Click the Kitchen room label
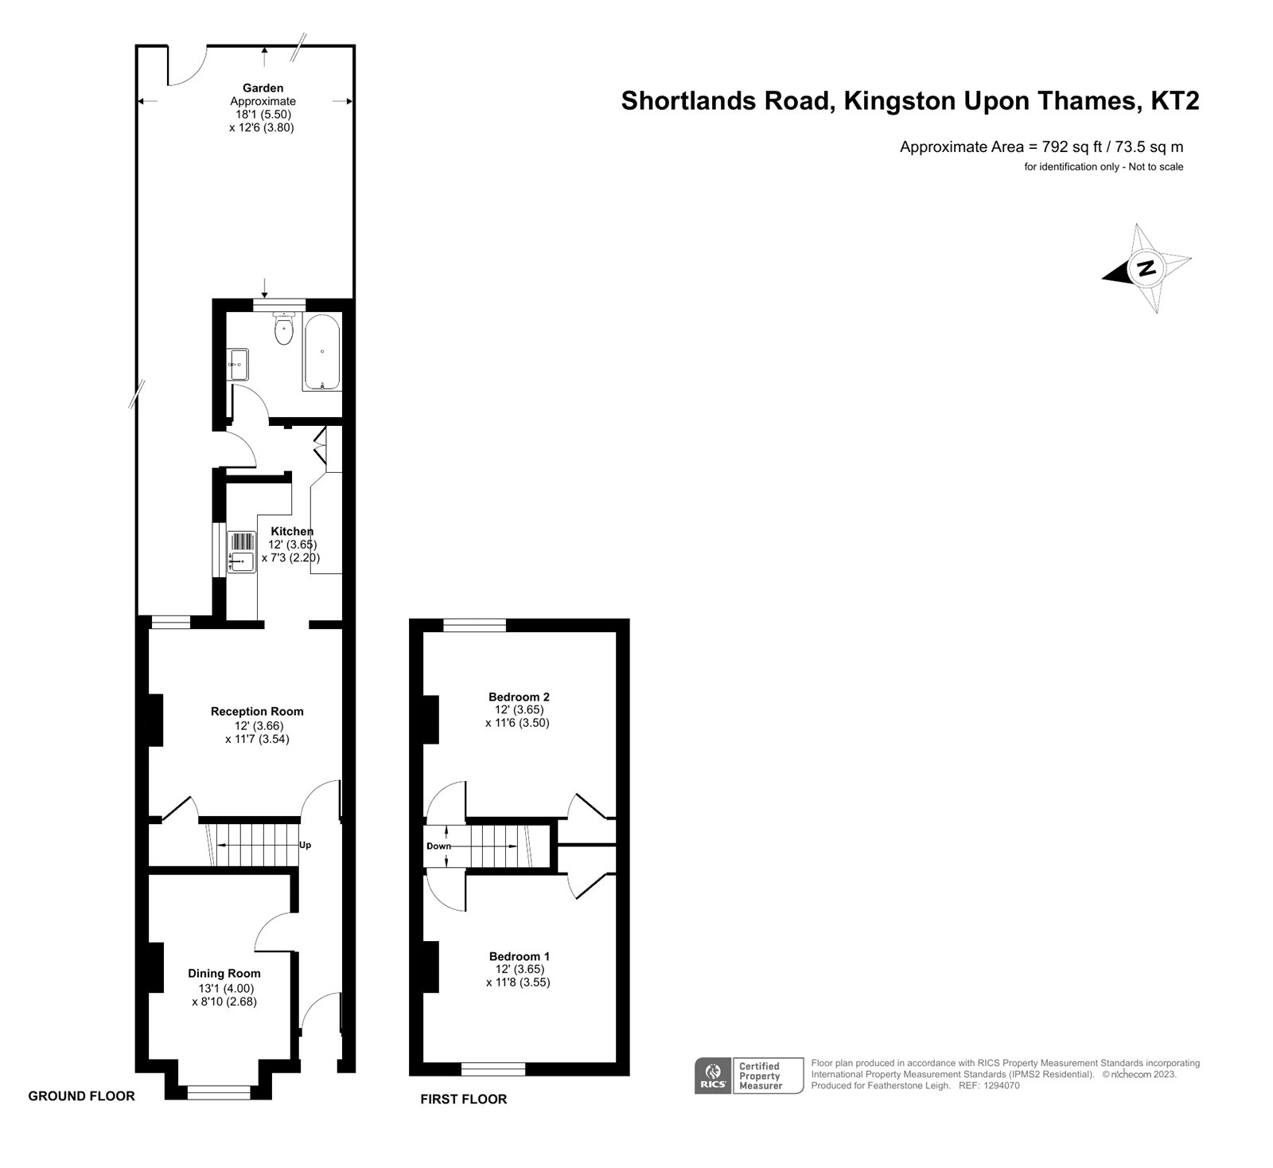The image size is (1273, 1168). click(292, 531)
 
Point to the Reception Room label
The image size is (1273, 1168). click(257, 712)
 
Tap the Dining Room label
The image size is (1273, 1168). click(224, 973)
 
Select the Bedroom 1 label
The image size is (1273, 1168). click(519, 956)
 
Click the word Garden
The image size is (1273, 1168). click(263, 88)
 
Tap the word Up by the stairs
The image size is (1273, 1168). click(305, 846)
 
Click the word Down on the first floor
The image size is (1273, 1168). click(438, 846)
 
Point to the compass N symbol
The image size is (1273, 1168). click(1146, 268)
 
